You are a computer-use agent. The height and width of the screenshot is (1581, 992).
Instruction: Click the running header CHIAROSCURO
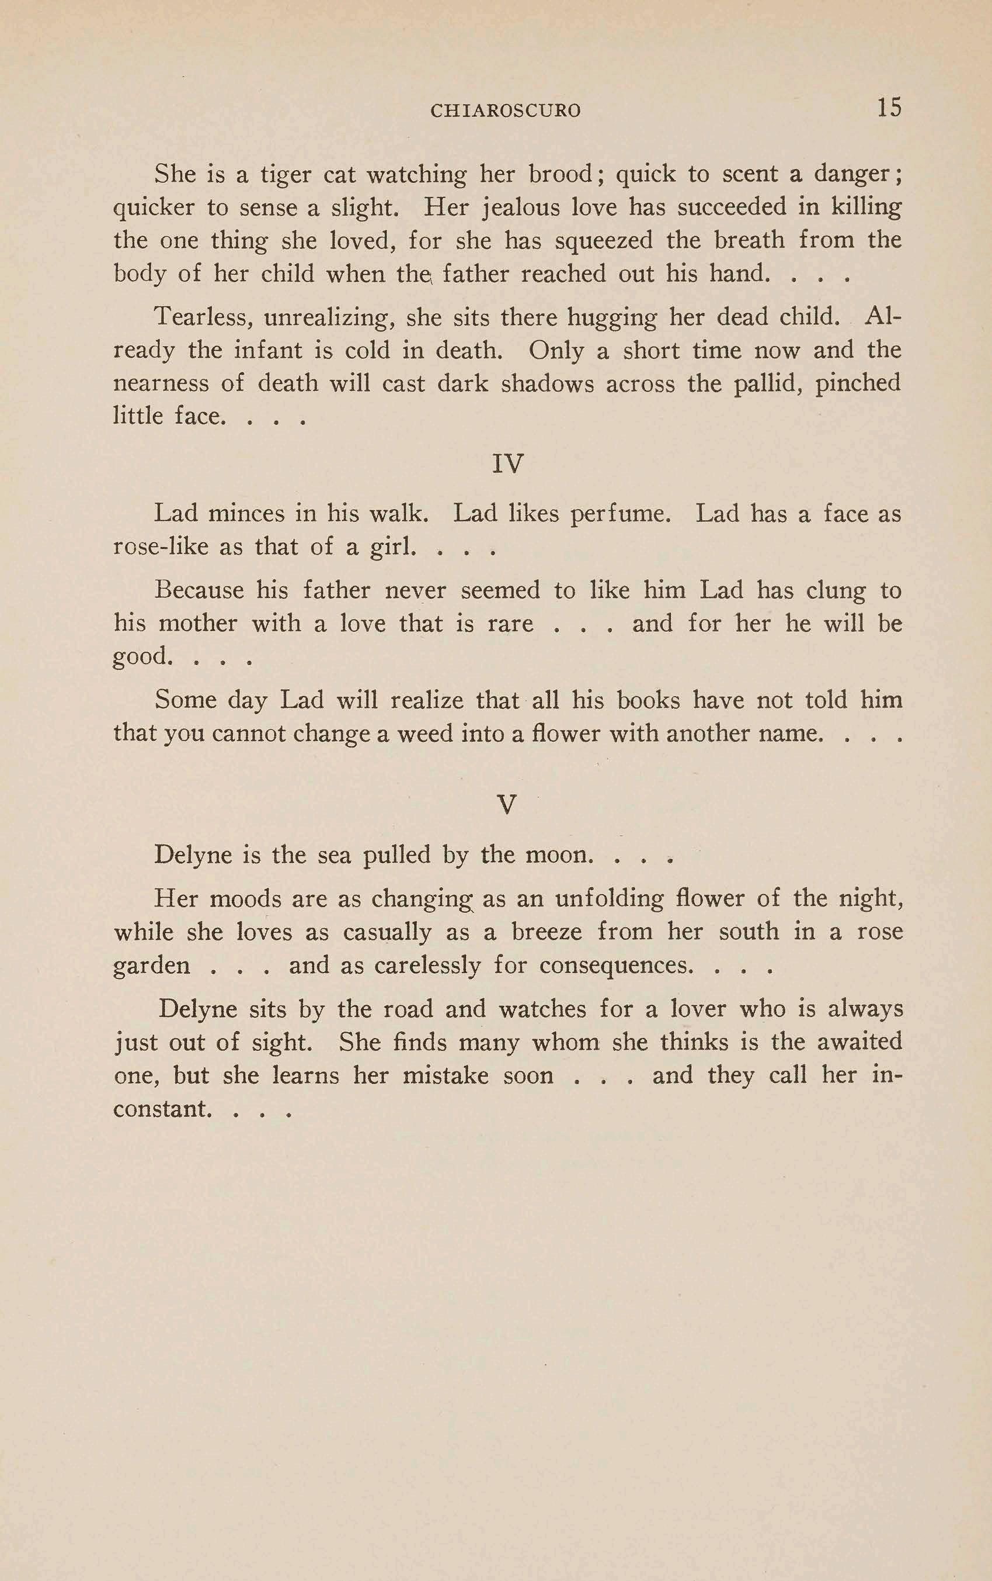coord(505,110)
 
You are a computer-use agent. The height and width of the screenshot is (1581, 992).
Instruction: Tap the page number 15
coord(889,107)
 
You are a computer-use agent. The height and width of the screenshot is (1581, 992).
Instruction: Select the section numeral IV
coord(507,464)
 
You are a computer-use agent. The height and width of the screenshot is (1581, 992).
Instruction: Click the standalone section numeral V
coord(507,804)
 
